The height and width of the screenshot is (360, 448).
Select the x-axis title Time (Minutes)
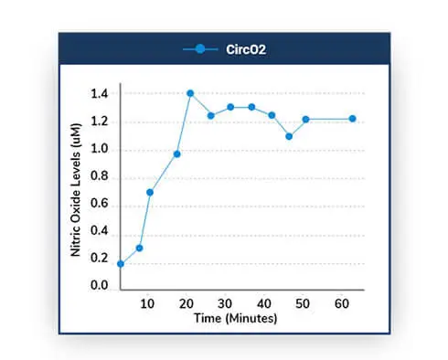[x=235, y=318]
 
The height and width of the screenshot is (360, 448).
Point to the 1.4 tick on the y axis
[x=100, y=94]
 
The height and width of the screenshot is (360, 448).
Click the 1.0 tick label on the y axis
[x=100, y=151]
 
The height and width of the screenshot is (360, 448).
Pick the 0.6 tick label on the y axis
[x=100, y=207]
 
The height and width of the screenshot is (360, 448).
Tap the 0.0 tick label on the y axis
[x=100, y=286]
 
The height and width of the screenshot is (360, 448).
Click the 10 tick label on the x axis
[x=147, y=304]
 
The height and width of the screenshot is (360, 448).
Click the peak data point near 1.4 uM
[x=190, y=93]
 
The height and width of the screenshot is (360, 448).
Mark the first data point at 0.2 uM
[x=121, y=264]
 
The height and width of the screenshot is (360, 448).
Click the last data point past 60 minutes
[x=352, y=119]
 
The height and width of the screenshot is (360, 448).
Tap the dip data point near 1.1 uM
[x=289, y=136]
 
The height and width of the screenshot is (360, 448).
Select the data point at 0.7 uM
[x=150, y=192]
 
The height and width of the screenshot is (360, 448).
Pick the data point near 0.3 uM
[x=140, y=248]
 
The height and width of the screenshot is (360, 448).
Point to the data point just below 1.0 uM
[x=177, y=154]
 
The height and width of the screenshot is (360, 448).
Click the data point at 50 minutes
[x=305, y=119]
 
